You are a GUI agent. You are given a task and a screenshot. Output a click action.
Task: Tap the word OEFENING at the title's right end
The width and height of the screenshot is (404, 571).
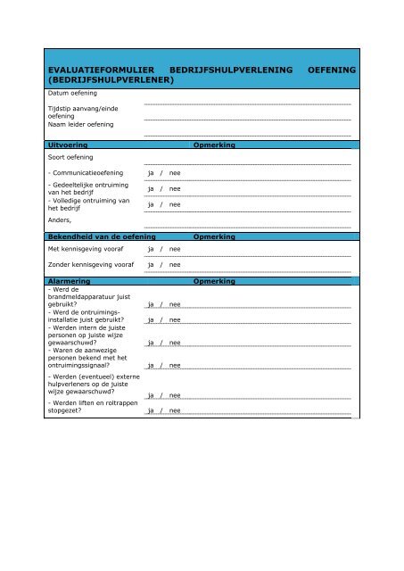(332, 69)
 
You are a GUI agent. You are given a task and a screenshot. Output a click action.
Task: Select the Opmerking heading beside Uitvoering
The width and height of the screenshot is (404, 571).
(213, 144)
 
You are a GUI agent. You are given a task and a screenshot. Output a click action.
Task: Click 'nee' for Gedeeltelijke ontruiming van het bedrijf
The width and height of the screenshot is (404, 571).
(176, 189)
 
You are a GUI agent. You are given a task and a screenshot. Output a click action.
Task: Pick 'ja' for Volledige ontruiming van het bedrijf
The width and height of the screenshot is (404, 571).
(151, 205)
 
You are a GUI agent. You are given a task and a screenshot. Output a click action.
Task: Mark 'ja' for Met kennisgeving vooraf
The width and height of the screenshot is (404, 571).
(151, 250)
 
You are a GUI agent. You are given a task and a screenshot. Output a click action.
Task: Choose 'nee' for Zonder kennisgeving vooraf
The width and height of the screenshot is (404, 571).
(176, 265)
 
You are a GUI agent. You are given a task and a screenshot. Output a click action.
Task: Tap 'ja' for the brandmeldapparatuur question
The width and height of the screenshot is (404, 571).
(151, 304)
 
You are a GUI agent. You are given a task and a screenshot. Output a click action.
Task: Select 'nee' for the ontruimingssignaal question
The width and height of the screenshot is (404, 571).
(176, 365)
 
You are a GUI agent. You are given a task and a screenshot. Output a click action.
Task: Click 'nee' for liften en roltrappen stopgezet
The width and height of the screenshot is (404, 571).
(176, 411)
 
